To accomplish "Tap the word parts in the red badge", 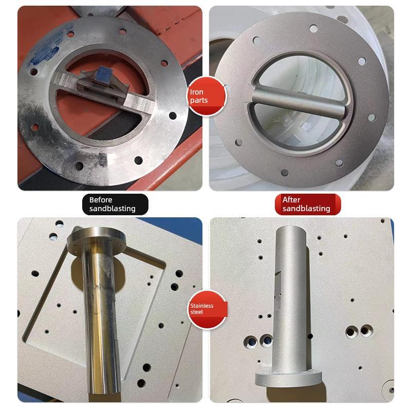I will click(199, 100).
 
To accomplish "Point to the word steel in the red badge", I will click(197, 312).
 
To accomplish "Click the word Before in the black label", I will click(101, 200).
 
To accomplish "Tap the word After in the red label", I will click(291, 200).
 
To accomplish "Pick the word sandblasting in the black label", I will click(113, 209).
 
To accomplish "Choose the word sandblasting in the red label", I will click(306, 209).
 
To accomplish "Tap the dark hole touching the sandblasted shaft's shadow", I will click(266, 339).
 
